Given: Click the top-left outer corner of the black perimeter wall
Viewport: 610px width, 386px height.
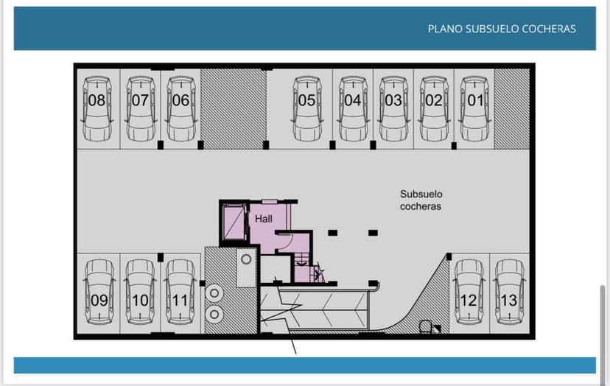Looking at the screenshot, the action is pyautogui.click(x=74, y=63).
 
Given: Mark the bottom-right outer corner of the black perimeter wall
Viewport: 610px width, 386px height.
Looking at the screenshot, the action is pyautogui.click(x=535, y=339).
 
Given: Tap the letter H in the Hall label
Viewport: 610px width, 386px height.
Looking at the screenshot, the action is pyautogui.click(x=258, y=219).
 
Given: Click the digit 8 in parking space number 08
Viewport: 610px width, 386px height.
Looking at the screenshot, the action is pyautogui.click(x=101, y=100).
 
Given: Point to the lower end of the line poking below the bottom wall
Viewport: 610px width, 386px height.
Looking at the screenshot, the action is pyautogui.click(x=296, y=354).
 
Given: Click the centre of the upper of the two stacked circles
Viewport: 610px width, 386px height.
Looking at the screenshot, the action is pyautogui.click(x=214, y=294).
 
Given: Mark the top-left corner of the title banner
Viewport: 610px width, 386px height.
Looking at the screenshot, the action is pyautogui.click(x=14, y=7).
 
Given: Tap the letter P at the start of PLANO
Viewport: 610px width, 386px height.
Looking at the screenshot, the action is pyautogui.click(x=431, y=29).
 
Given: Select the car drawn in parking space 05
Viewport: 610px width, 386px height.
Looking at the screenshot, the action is pyautogui.click(x=307, y=108).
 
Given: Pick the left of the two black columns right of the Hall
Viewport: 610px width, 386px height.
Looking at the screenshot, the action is pyautogui.click(x=332, y=233).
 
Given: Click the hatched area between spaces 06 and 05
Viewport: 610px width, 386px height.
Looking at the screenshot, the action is pyautogui.click(x=234, y=109).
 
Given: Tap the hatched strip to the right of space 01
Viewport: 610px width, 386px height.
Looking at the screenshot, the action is pyautogui.click(x=511, y=109).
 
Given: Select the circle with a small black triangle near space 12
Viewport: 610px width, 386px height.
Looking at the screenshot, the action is pyautogui.click(x=425, y=326).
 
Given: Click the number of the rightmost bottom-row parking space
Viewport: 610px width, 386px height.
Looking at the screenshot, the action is pyautogui.click(x=509, y=301).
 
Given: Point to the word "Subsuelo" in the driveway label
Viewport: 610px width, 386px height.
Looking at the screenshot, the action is pyautogui.click(x=421, y=194).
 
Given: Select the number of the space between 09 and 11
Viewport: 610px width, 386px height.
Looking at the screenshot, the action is pyautogui.click(x=140, y=301).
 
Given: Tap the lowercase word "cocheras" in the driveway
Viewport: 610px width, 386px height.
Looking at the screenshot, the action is pyautogui.click(x=421, y=206).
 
